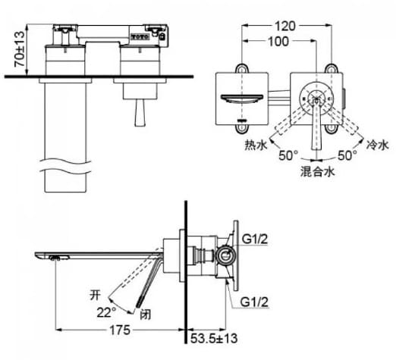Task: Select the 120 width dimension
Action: coord(286,25)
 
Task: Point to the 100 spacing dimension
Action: coord(278,42)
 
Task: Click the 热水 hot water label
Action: coord(255,144)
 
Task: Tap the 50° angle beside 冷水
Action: coord(346,155)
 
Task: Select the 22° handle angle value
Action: coord(105,312)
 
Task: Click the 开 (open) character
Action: coord(94,290)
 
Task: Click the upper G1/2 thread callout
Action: coord(254,239)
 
